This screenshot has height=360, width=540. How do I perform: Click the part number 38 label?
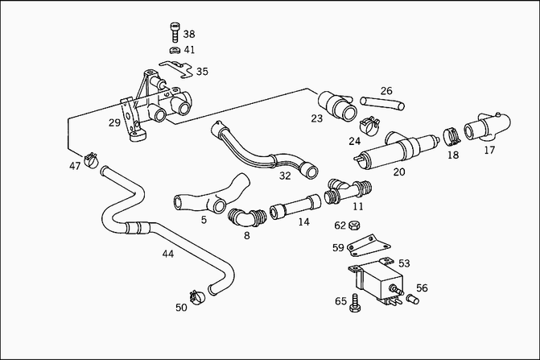click(189, 35)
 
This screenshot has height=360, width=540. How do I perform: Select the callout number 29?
click(114, 122)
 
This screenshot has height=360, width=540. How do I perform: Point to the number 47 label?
click(75, 166)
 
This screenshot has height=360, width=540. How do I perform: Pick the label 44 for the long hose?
click(167, 254)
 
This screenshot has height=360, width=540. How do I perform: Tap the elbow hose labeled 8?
click(246, 217)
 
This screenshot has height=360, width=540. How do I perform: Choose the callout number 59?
click(338, 247)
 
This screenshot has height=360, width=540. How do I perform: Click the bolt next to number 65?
click(353, 303)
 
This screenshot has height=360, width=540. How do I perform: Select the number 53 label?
click(404, 263)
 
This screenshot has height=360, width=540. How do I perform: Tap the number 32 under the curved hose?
click(285, 176)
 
